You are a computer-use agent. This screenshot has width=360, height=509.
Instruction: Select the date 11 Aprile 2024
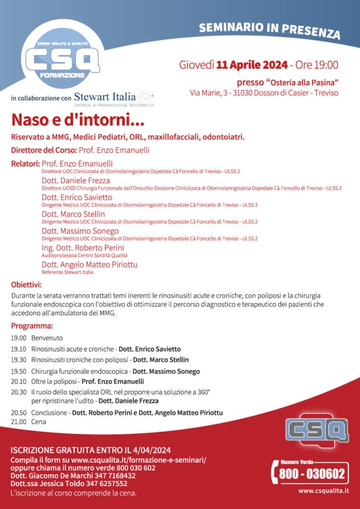click(252, 65)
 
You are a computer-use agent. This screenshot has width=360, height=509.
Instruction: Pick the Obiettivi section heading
click(26, 285)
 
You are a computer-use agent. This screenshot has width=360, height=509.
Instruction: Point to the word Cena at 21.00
click(38, 422)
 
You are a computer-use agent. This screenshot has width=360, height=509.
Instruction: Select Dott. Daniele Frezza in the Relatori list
click(76, 180)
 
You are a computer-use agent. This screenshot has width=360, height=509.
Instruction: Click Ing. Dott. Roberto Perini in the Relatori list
click(83, 248)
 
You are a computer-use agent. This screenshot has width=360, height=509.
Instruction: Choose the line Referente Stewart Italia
click(67, 272)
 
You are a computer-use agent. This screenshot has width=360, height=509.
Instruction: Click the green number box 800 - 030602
click(312, 474)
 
